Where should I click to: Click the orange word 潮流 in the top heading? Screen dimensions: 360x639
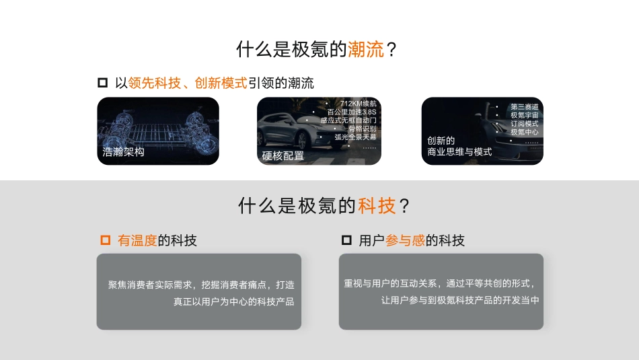366,49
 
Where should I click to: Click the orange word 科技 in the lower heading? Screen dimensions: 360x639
377,206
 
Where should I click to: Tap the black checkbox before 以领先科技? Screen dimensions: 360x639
103,83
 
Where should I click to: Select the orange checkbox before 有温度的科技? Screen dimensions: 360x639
105,240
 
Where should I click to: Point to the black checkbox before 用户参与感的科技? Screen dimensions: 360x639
346,240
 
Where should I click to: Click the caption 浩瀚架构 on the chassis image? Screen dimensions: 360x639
124,152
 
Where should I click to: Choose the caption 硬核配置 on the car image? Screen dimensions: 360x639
283,156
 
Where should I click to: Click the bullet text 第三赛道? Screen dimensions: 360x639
524,107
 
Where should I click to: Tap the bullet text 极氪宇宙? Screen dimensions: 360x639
524,116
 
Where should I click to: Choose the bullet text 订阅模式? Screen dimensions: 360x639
524,124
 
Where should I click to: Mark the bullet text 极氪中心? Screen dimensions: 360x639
524,132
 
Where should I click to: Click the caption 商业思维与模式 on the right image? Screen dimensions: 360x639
459,152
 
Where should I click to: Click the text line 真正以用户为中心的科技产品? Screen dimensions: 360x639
233,301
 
